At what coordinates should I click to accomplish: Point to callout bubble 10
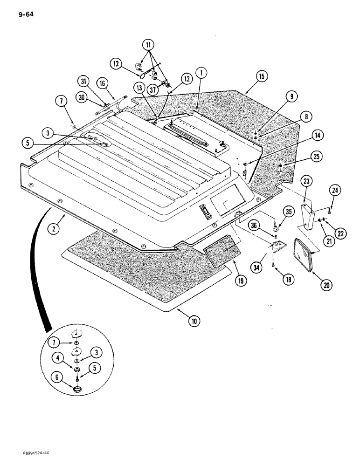[x=194, y=321]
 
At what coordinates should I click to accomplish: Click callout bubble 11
[x=148, y=45]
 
